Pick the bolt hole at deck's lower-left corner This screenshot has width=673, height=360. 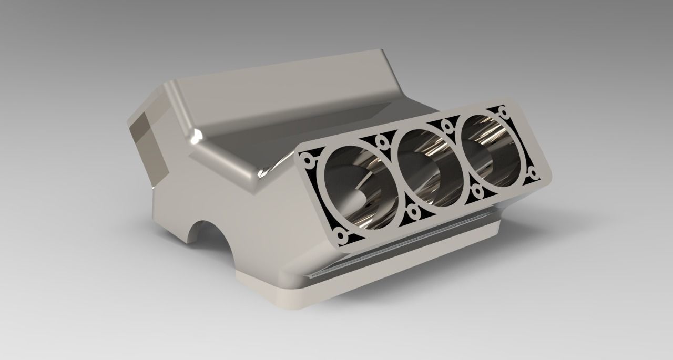pos(342,236)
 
